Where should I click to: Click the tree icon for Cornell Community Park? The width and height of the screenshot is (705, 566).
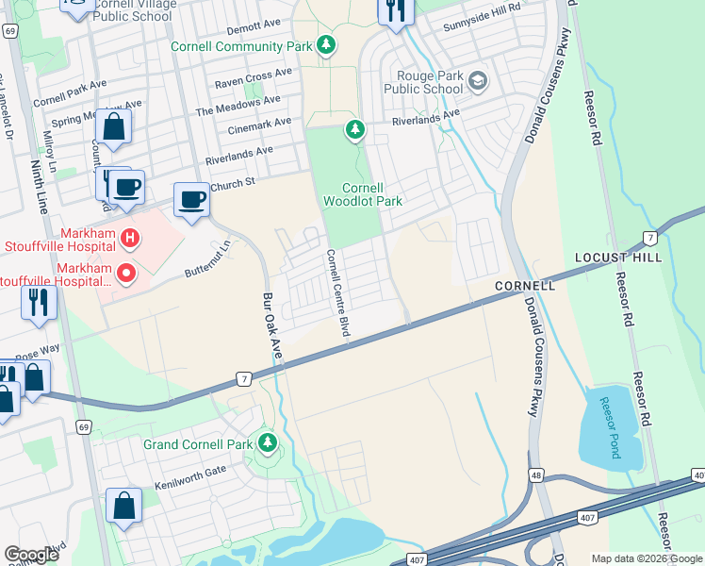326,46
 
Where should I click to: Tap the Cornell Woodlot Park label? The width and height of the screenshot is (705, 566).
363,194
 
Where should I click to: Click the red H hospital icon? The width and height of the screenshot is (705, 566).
131,236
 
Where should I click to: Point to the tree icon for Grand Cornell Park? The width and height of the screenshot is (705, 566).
269,442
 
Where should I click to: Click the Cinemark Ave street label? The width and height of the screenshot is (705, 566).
255,123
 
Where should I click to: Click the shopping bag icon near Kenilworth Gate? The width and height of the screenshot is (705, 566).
123,507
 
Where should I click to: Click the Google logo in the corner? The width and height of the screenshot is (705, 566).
31,555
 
